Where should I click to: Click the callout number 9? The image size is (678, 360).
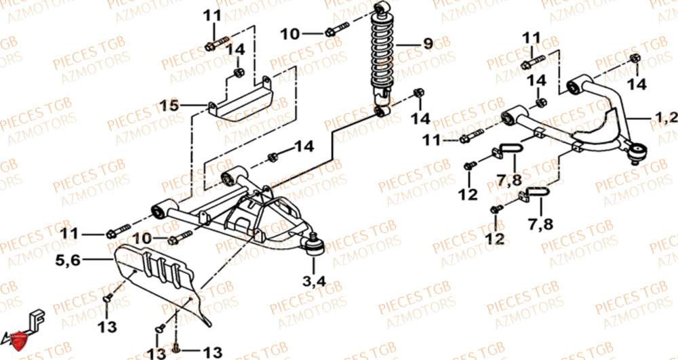pos(427,44)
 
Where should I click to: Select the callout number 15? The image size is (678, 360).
pos(169,105)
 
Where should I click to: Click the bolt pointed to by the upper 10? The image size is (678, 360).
pos(335,31)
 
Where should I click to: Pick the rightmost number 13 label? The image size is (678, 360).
pos(212,351)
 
